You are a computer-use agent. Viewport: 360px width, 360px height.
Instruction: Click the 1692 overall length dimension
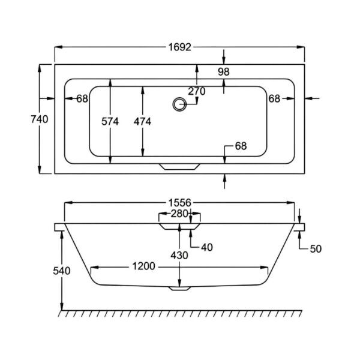[x=180, y=47]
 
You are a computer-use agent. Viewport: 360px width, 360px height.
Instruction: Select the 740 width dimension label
[x=40, y=119]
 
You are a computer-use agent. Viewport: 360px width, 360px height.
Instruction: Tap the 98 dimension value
[x=224, y=72]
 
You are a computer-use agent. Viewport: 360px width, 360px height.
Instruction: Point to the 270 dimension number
[x=197, y=91]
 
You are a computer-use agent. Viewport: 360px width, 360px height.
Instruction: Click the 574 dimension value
[x=110, y=121]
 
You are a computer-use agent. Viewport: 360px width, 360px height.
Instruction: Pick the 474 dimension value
[x=142, y=121]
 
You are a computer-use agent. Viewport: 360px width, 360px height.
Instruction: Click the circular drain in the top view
[x=179, y=104]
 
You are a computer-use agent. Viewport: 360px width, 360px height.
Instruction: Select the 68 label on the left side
[x=82, y=99]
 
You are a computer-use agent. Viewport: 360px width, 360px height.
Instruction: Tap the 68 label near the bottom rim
[x=241, y=146]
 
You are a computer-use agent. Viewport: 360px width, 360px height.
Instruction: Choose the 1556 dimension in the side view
[x=180, y=203]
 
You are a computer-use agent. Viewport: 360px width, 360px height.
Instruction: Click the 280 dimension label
[x=179, y=214]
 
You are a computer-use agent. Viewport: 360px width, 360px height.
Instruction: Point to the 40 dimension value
[x=207, y=247]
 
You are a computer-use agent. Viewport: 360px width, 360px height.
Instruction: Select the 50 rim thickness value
[x=316, y=249]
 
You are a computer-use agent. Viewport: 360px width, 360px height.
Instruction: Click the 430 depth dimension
[x=179, y=256]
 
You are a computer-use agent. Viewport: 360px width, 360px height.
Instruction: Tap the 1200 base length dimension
[x=144, y=266]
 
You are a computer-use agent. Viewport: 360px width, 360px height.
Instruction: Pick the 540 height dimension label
[x=62, y=271]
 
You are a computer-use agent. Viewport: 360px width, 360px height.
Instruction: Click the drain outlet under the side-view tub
[x=179, y=289]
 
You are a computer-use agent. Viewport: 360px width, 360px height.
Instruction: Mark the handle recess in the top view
[x=179, y=167]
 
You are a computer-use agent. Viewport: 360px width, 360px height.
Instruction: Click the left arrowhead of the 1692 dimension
[x=58, y=47]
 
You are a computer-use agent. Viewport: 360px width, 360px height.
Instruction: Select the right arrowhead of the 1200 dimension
[x=264, y=268]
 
